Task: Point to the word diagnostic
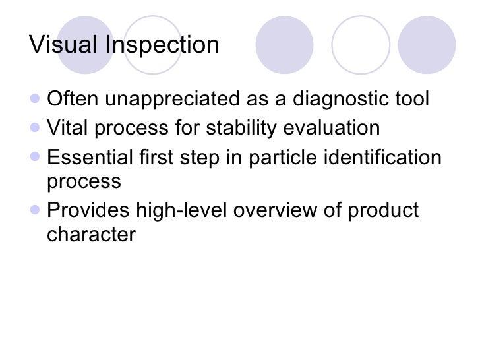pyautogui.click(x=332, y=100)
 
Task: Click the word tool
pyautogui.click(x=409, y=100)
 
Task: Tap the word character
pyautogui.click(x=91, y=234)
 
